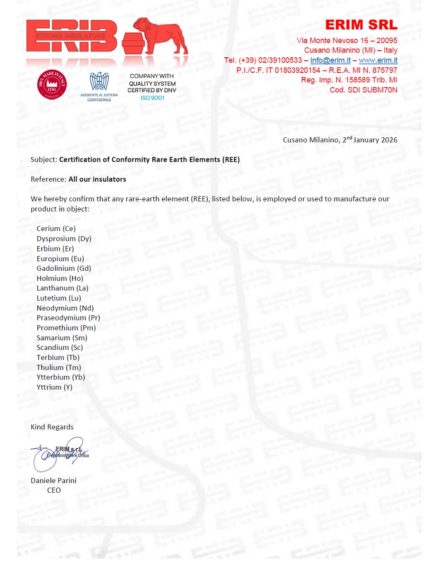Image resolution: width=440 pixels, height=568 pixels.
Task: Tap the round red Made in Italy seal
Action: coord(52,85)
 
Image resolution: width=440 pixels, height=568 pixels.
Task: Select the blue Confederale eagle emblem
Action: coord(99,81)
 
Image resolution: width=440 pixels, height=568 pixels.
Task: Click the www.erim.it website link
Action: coord(378,60)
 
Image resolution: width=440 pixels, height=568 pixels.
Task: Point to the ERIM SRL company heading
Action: coord(361,25)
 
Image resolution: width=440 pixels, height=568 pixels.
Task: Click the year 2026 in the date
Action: coord(387,140)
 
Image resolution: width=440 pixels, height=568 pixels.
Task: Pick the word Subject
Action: coord(44,160)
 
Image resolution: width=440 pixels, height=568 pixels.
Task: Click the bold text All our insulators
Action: coord(97,179)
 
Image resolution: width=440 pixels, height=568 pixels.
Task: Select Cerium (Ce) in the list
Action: coord(56,229)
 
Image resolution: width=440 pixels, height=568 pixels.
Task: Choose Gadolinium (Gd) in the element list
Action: coord(64,268)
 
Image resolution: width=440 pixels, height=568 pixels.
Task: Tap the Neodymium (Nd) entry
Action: coord(65,308)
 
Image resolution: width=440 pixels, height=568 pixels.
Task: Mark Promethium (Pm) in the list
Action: coord(66,328)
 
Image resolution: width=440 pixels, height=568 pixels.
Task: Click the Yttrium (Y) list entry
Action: coord(54,387)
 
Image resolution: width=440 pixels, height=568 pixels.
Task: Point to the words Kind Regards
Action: coord(52,427)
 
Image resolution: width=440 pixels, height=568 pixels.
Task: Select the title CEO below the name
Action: coord(54,490)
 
